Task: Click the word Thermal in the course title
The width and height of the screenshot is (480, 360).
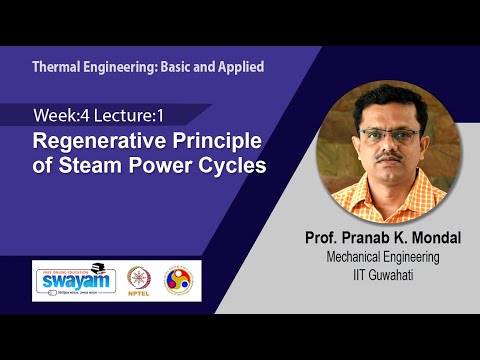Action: (x=57, y=67)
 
